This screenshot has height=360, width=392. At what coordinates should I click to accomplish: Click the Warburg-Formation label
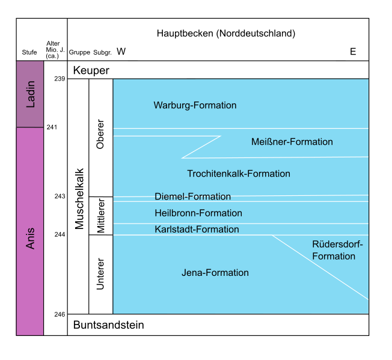click(195, 105)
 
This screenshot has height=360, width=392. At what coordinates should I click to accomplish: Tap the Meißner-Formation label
click(292, 142)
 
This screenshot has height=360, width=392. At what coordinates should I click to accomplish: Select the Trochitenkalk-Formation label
click(239, 174)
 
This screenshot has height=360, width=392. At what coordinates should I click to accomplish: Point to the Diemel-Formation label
click(192, 197)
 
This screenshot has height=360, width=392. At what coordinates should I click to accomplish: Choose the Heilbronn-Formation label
click(198, 213)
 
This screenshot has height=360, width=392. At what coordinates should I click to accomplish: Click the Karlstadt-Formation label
click(197, 229)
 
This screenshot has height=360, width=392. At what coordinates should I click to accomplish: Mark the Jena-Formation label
click(215, 273)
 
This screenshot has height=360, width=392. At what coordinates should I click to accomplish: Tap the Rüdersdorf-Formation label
click(334, 250)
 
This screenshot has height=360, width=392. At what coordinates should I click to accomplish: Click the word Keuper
click(91, 70)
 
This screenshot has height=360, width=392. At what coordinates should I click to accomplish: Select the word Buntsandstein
click(108, 325)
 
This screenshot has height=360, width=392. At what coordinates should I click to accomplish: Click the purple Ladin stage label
click(30, 95)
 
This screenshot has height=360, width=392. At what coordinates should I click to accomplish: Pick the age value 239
click(59, 79)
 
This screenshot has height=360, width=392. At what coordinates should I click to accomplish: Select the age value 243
click(59, 197)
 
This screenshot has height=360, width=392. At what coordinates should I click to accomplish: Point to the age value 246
click(59, 314)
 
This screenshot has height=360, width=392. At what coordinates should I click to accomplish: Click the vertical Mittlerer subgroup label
click(100, 216)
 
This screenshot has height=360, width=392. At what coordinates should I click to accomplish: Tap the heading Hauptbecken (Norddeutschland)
click(225, 34)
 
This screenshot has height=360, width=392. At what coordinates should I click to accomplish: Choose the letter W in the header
click(121, 52)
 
